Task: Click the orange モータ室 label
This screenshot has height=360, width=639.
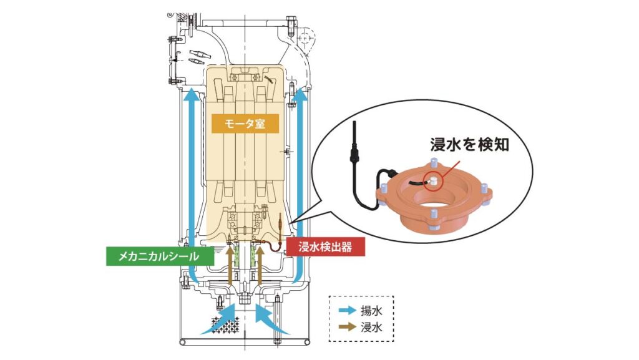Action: (246, 124)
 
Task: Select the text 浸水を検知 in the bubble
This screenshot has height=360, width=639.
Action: (471, 145)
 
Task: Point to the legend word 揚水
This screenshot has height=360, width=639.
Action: (371, 310)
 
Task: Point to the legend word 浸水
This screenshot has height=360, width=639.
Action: (371, 326)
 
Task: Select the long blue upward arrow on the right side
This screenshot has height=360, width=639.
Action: (301, 187)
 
